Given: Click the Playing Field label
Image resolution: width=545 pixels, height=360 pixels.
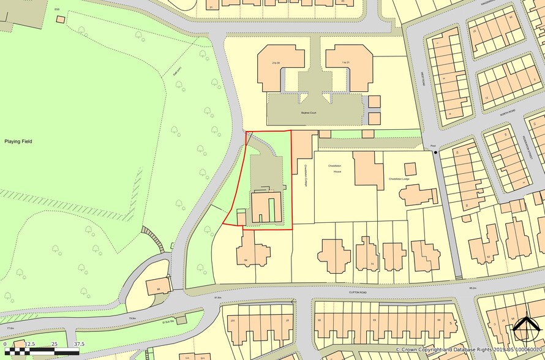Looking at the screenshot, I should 18,141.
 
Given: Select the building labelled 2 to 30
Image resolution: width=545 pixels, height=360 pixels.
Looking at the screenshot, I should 281,63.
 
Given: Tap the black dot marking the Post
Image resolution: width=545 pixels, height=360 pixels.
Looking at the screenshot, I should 435,152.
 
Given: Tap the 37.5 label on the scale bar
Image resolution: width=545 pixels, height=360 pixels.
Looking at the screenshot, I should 78,344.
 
